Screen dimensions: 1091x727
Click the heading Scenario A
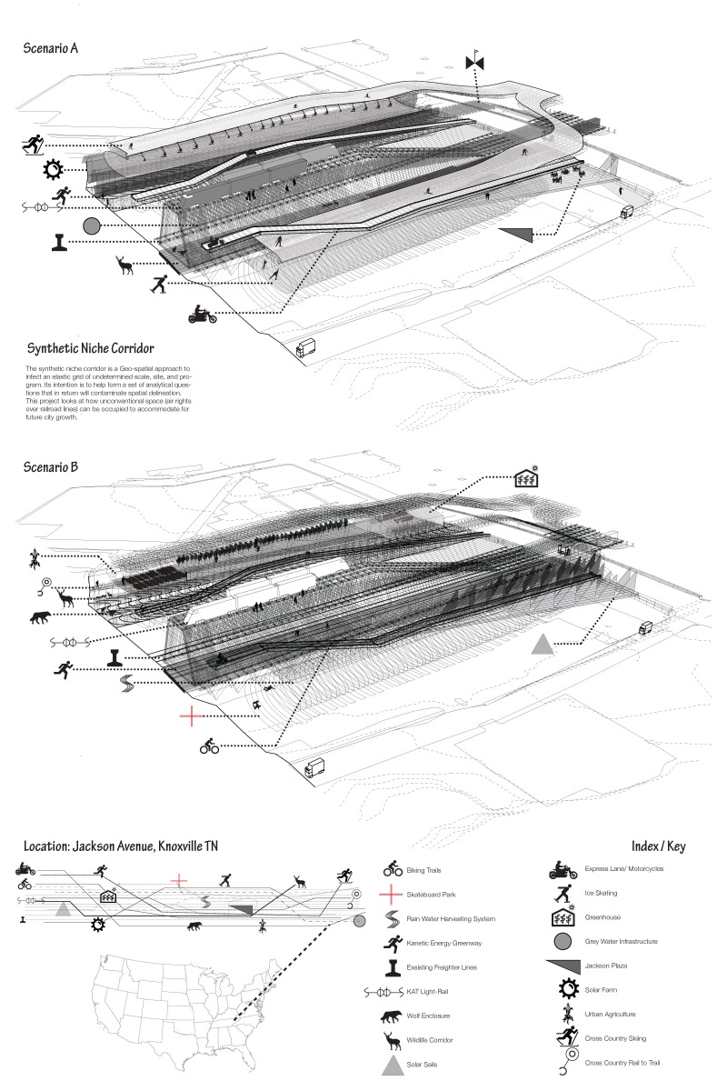[x=51, y=48]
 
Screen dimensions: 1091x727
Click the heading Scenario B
[x=51, y=466]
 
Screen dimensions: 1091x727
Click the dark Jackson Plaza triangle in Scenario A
[x=514, y=235]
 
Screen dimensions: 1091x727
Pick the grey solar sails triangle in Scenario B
[x=542, y=645]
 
